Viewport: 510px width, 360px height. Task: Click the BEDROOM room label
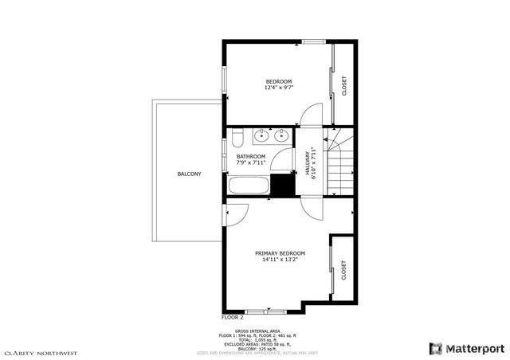pyautogui.click(x=279, y=81)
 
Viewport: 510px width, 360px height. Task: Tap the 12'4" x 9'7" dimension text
pyautogui.click(x=279, y=88)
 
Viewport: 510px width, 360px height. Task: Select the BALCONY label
pyautogui.click(x=189, y=174)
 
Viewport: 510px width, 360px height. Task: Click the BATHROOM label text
pyautogui.click(x=250, y=156)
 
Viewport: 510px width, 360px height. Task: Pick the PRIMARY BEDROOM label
pyautogui.click(x=280, y=253)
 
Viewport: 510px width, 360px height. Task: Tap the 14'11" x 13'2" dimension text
pyautogui.click(x=280, y=260)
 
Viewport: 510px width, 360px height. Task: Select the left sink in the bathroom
pyautogui.click(x=262, y=136)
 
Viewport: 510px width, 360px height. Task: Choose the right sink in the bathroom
pyautogui.click(x=280, y=136)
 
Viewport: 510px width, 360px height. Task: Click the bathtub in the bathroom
pyautogui.click(x=248, y=187)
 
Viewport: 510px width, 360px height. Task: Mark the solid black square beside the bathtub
pyautogui.click(x=281, y=185)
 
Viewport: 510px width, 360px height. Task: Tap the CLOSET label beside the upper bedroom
pyautogui.click(x=344, y=85)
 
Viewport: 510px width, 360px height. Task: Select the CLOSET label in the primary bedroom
pyautogui.click(x=343, y=270)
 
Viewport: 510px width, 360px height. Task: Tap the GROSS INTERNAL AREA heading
pyautogui.click(x=257, y=330)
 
